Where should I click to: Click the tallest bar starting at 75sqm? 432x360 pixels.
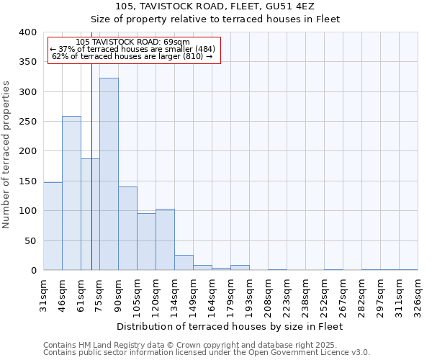point(109,174)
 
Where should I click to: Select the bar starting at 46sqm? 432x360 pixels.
point(71,193)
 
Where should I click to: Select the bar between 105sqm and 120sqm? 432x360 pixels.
point(146,241)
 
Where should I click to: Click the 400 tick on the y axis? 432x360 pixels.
point(28,32)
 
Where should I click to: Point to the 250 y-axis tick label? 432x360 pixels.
point(28,122)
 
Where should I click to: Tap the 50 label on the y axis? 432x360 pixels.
point(30,240)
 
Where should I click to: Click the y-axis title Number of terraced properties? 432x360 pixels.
point(7,155)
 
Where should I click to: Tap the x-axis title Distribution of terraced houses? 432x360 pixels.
point(230,326)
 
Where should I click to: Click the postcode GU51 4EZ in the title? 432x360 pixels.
point(284,6)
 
